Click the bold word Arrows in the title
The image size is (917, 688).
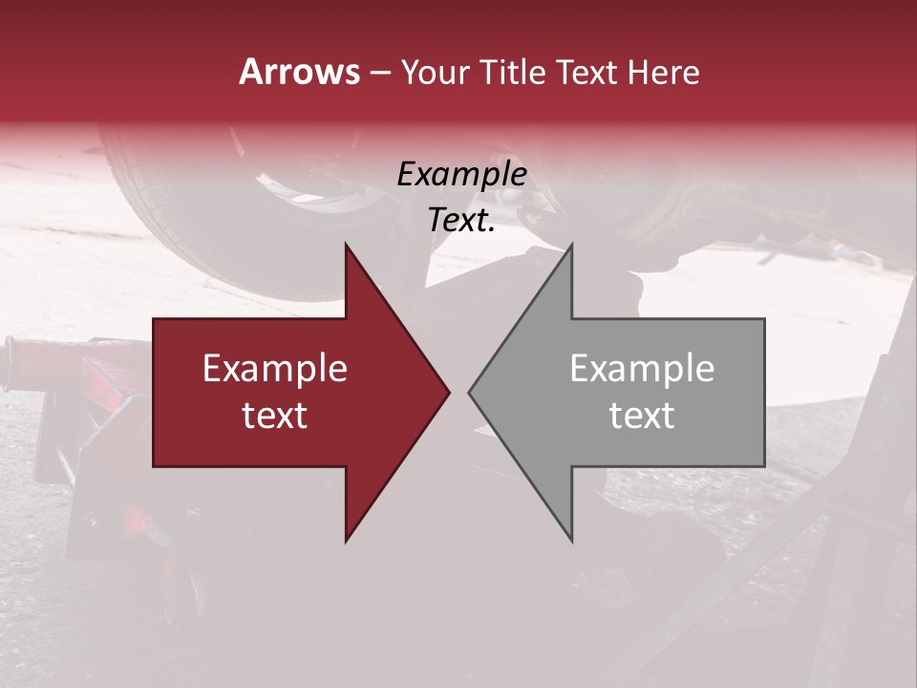pos(300,72)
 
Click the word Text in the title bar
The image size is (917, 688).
pos(588,73)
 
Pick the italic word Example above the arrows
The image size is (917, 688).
pos(461,175)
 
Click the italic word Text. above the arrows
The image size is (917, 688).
pos(459,221)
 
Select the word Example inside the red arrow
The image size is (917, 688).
pos(275,369)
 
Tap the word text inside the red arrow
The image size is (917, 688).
pos(275,416)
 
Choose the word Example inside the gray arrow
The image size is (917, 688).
pos(642,369)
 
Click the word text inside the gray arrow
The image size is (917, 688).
pos(642,416)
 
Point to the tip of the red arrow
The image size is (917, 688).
pos(448,392)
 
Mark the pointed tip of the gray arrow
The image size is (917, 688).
pos(470,392)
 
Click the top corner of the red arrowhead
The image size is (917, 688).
pos(346,245)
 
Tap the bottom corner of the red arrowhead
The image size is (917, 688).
pos(346,540)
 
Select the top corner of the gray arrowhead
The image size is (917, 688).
pos(571,245)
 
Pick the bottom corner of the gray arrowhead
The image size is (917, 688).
pos(571,540)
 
